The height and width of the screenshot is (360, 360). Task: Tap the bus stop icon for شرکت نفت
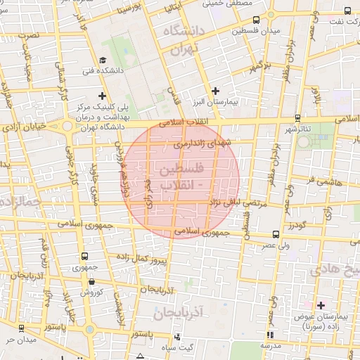(x=347, y=11)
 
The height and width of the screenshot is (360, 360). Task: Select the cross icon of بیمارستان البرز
(x=216, y=91)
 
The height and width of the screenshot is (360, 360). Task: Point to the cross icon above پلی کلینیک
(x=103, y=96)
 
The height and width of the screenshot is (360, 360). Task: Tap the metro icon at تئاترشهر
(x=298, y=118)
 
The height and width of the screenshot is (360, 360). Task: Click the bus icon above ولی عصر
(x=274, y=234)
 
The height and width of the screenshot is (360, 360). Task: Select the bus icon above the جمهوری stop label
(x=85, y=257)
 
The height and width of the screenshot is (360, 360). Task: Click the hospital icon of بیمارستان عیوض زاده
(x=321, y=304)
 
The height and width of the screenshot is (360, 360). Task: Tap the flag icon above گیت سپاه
(x=176, y=336)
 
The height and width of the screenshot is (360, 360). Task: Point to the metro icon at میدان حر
(x=20, y=329)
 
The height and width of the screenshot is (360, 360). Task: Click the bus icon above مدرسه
(x=270, y=334)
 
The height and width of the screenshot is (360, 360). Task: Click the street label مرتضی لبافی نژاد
(x=237, y=202)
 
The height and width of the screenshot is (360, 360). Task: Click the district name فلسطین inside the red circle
(x=181, y=170)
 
